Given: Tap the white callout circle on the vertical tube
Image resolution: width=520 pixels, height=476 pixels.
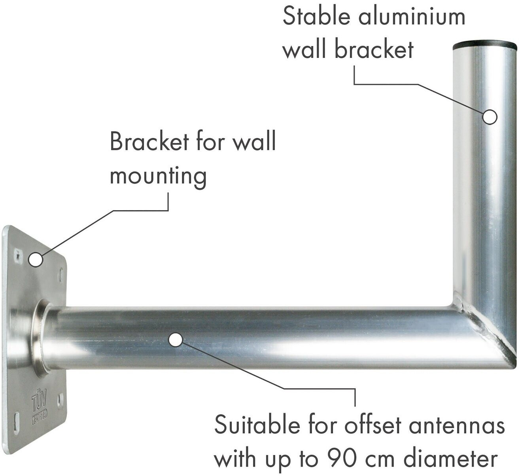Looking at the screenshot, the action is (490, 117).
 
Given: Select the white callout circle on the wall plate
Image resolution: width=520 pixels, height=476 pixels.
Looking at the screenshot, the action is (36, 260).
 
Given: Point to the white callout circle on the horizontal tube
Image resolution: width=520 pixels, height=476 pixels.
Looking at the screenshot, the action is (176, 339).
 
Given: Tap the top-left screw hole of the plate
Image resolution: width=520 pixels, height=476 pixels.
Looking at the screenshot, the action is (18, 255).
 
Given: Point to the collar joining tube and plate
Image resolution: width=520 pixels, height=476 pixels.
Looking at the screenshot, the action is (40, 337).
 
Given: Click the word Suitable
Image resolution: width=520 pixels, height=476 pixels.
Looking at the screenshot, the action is (256, 425).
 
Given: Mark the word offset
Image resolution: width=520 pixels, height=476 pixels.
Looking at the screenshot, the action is (373, 425).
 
